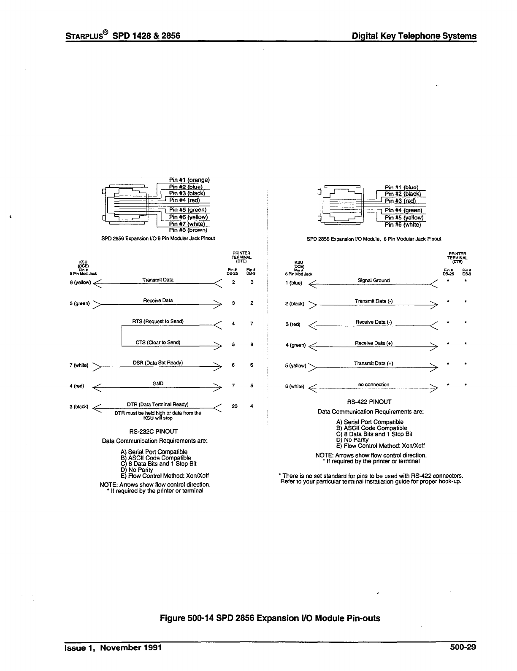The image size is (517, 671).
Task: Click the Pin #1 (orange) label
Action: (x=189, y=180)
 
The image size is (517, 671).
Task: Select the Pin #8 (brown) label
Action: (x=188, y=230)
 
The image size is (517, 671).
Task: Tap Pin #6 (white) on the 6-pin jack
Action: (x=403, y=225)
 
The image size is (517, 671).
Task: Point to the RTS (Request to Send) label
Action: (x=158, y=322)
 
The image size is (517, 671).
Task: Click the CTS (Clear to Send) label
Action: (x=158, y=342)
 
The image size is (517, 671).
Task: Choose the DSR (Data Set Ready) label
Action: (x=158, y=363)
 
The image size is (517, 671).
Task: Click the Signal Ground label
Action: (x=374, y=280)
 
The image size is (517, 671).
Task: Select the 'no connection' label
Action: (x=374, y=384)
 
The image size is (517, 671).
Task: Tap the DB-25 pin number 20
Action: (x=235, y=406)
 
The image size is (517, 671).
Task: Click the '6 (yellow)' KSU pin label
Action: (x=80, y=283)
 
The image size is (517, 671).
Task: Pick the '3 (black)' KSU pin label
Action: (x=79, y=407)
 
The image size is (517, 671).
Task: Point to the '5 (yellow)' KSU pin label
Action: (x=295, y=365)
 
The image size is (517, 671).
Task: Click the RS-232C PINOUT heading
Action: (x=153, y=432)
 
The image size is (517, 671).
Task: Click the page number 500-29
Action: (x=463, y=648)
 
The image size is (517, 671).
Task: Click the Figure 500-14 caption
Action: (x=270, y=618)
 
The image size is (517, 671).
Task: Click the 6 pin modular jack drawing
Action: (x=342, y=205)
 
